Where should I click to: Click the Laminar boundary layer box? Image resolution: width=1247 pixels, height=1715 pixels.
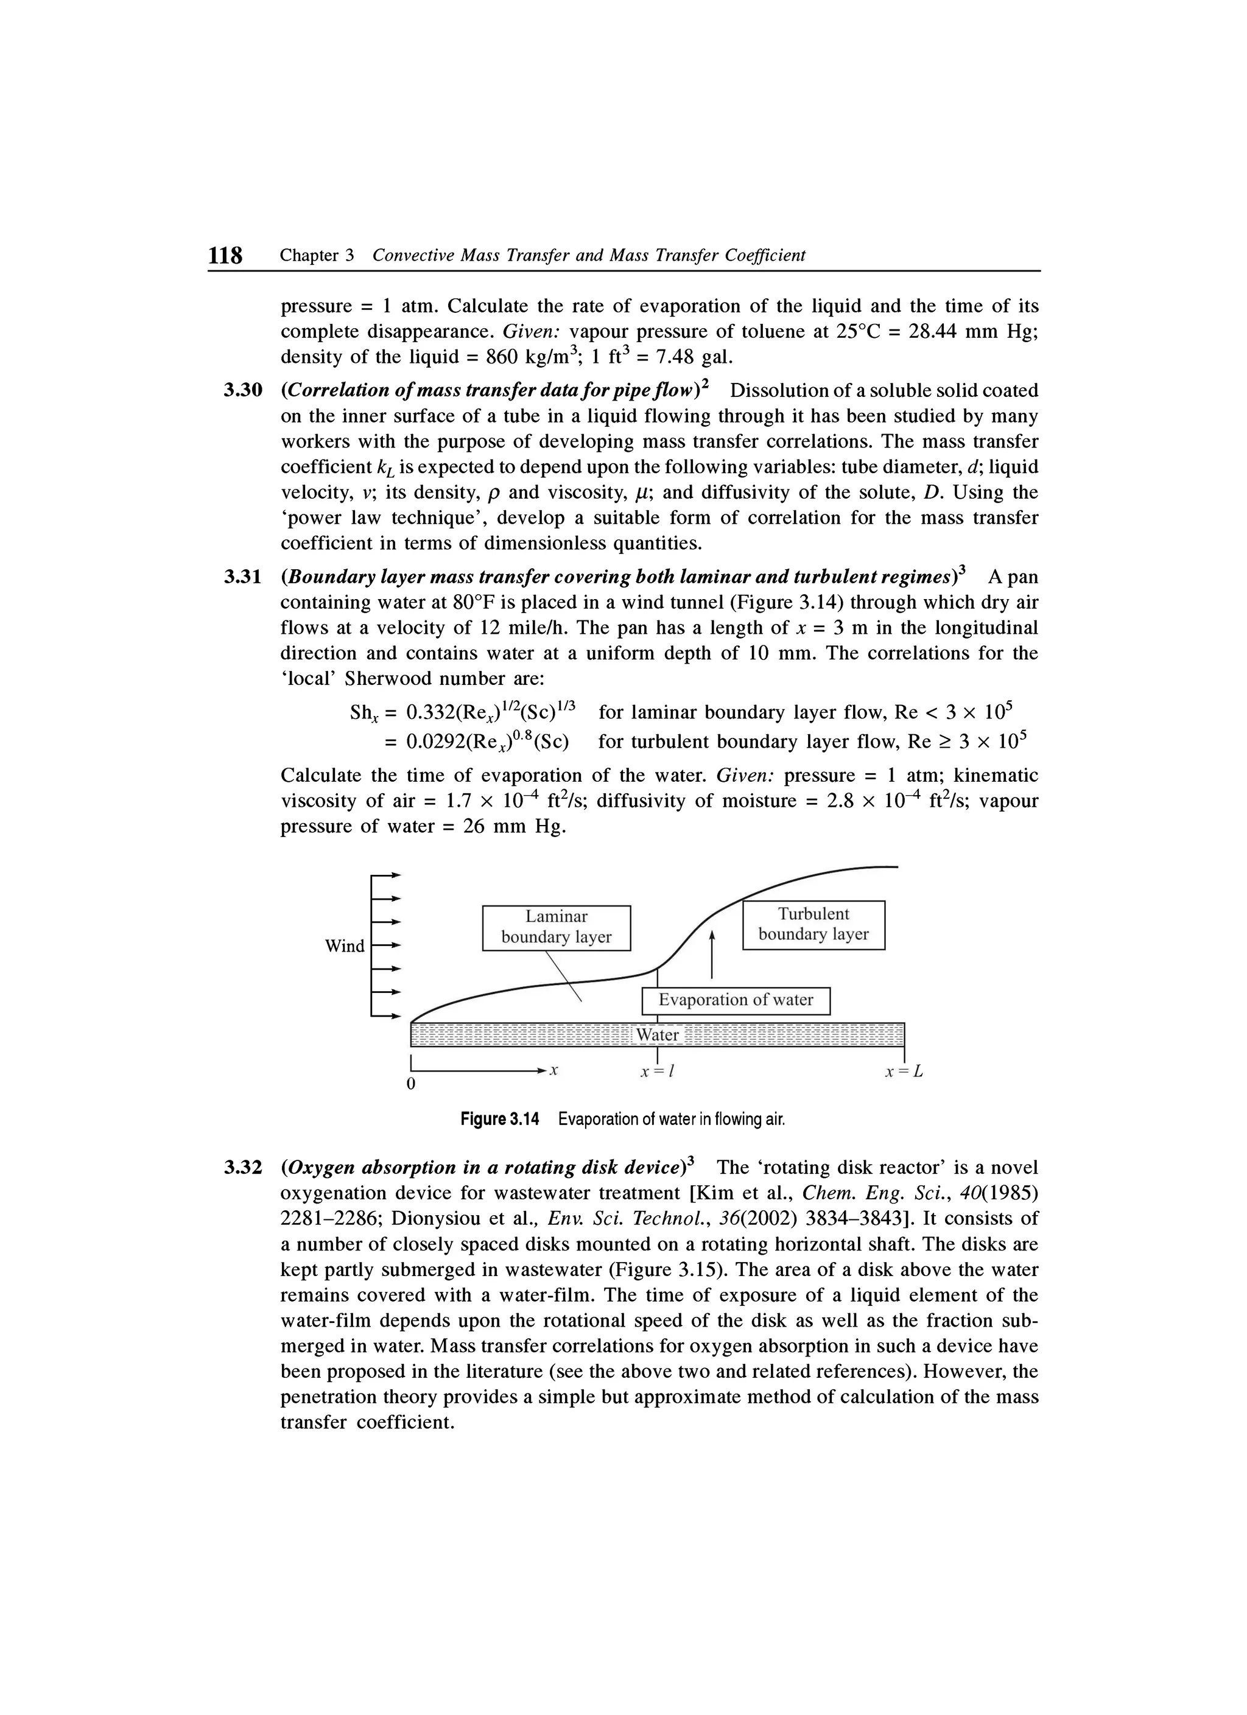(x=556, y=927)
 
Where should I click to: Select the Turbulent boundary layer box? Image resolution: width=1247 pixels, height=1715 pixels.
(x=813, y=924)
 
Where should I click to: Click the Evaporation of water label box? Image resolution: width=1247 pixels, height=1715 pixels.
(x=735, y=1000)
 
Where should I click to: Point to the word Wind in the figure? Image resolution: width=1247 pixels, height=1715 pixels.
(x=344, y=946)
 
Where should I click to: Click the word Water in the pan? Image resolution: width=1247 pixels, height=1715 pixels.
(x=657, y=1034)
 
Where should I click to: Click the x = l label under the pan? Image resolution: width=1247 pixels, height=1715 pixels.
(x=657, y=1072)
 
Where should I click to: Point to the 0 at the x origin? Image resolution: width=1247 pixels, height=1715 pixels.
(x=410, y=1084)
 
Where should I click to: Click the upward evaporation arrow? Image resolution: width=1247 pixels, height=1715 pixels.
(x=712, y=954)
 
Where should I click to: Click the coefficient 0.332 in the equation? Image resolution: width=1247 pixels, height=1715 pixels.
(x=429, y=713)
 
